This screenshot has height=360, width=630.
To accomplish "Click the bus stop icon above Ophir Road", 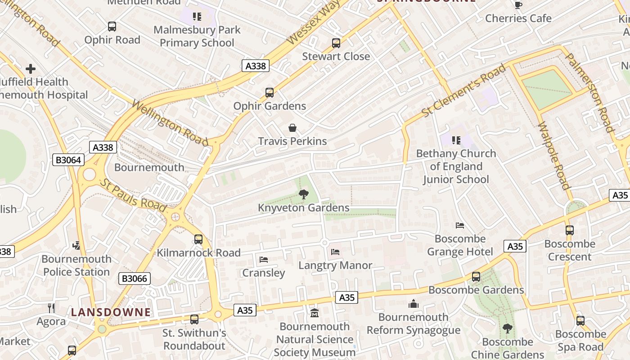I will pos(112,27).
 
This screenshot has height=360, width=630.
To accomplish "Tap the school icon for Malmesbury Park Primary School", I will pos(197,17).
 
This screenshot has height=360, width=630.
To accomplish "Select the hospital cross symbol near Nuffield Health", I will pos(31,69).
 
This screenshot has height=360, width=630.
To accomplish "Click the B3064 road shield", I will pos(68,160).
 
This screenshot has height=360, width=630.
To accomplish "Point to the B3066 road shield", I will pos(135,279).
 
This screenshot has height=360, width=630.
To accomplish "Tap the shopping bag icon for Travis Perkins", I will pos(292,128).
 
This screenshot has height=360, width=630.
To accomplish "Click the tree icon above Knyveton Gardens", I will pos(304,194).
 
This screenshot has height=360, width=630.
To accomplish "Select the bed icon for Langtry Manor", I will pos(335,252).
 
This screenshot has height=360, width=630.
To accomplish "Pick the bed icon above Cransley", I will pos(264,260).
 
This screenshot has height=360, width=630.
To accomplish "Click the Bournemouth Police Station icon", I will pos(76,246).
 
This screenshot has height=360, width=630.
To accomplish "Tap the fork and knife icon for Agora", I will pos(51,308).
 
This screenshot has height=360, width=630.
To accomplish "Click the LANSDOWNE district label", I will pos(111,312).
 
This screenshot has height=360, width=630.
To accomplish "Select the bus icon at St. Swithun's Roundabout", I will pos(194,319).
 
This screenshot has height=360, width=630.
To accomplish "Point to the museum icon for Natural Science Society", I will pos(315,313).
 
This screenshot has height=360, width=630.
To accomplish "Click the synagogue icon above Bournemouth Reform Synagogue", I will pos(414,304).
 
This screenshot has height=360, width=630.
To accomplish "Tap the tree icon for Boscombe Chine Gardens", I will pos(508,328).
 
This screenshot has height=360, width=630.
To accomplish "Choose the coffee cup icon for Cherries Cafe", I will pos(518,5).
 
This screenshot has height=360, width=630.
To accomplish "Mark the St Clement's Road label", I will pos(464,91).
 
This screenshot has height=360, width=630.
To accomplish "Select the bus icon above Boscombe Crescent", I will pos(570,230).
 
